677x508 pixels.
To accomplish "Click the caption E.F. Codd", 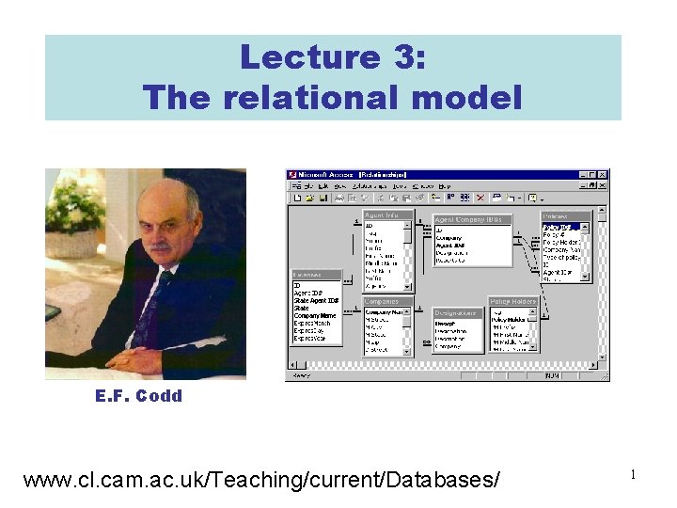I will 138,396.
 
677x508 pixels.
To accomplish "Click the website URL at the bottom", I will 261,480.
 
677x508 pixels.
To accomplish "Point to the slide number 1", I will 634,476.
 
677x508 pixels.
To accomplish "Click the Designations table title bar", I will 455,312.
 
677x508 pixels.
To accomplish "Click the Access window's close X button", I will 604,174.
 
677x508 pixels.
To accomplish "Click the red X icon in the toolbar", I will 480,198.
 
